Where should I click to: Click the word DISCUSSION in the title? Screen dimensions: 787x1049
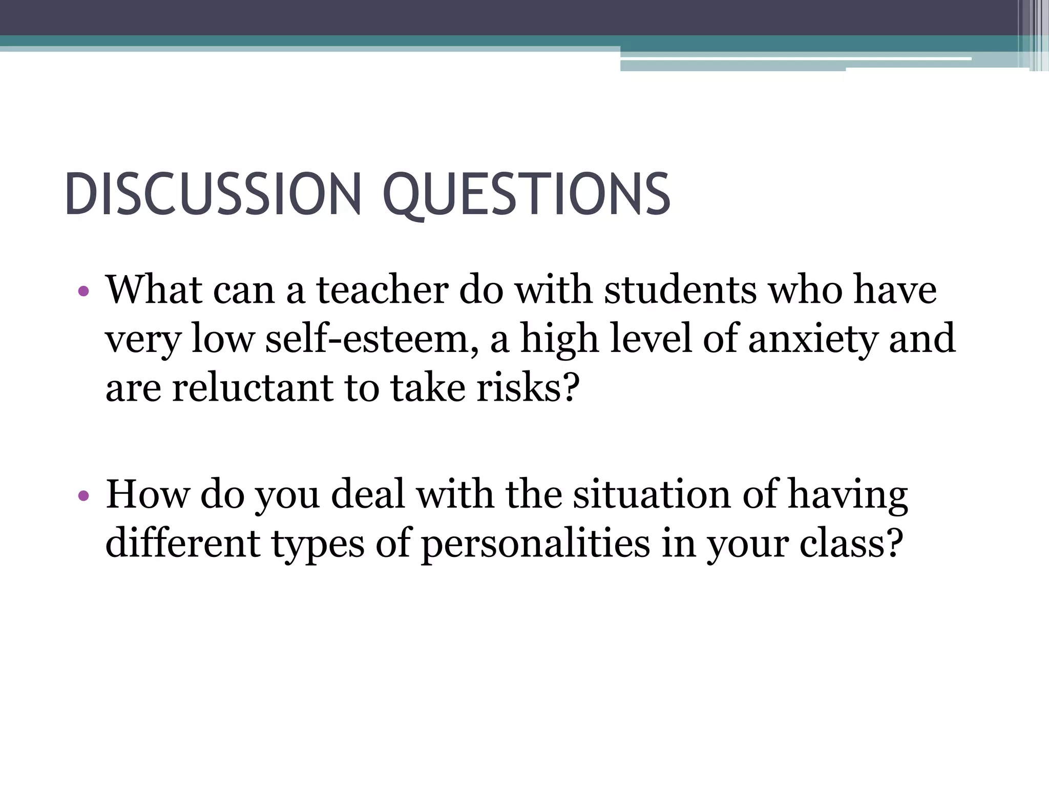point(213,195)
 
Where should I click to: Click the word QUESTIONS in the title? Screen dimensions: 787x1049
point(526,195)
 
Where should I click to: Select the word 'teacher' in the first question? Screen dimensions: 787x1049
point(382,290)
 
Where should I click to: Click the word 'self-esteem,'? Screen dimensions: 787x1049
point(372,339)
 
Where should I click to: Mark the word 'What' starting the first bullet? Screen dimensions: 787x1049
point(154,290)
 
